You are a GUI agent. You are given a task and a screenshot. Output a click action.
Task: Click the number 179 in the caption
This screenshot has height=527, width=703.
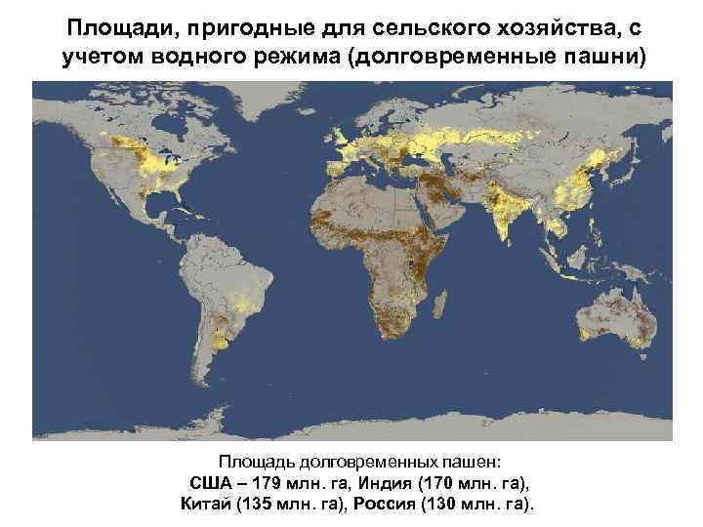tap(269, 483)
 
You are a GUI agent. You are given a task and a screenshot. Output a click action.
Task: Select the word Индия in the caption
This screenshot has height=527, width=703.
tap(392, 483)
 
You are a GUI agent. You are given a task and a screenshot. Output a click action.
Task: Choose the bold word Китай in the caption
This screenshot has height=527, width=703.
tap(206, 504)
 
